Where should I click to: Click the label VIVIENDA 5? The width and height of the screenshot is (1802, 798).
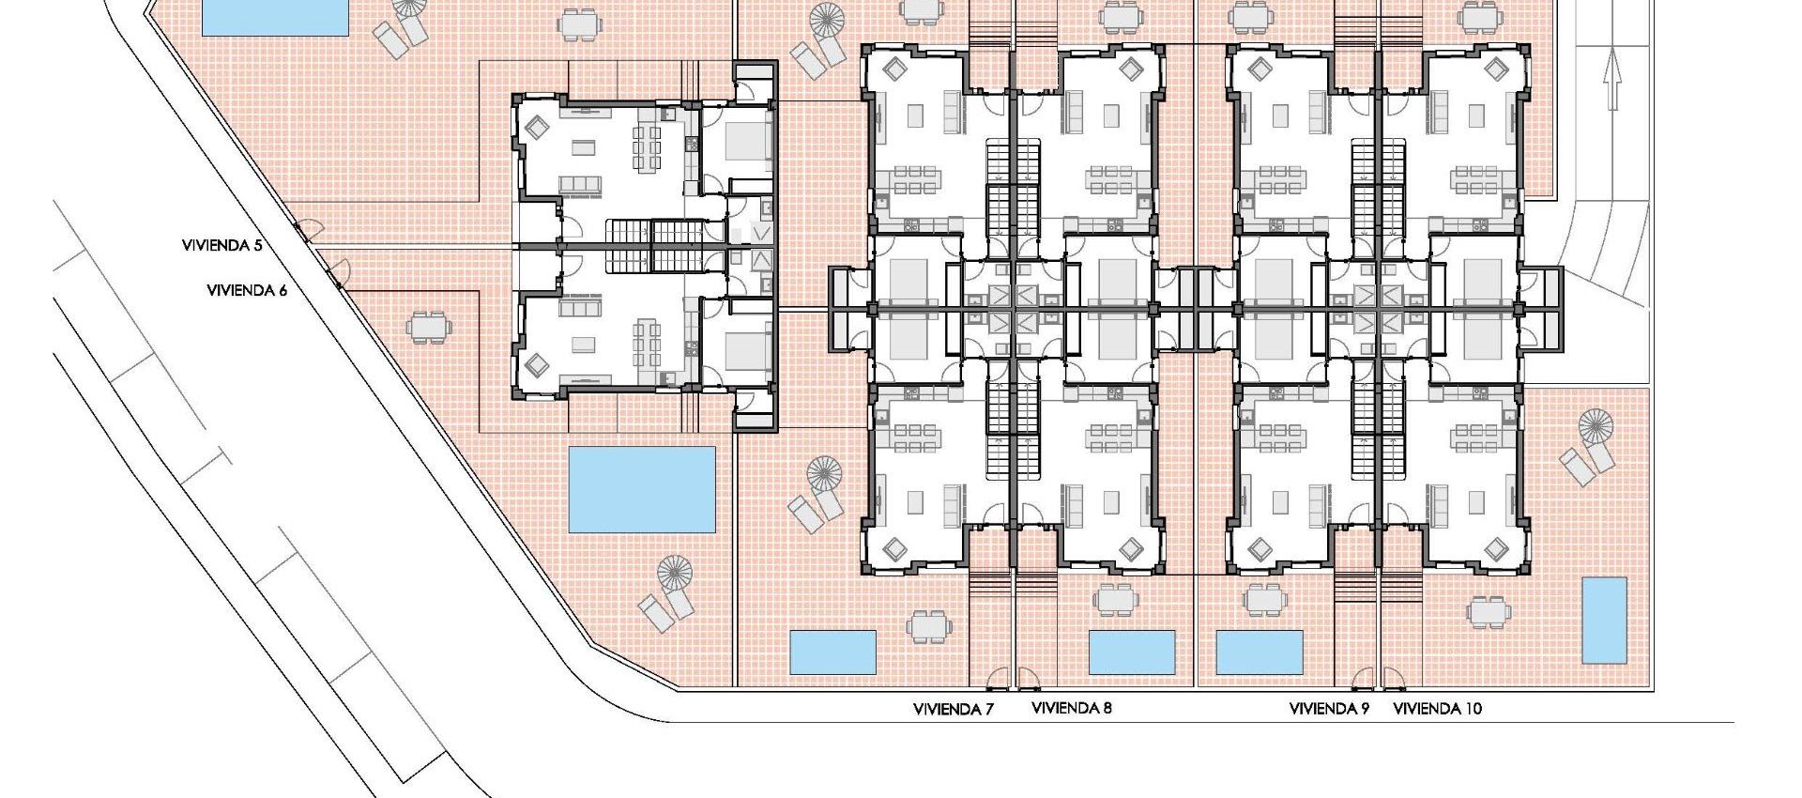[222, 245]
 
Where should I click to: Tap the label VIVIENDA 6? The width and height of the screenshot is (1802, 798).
[247, 290]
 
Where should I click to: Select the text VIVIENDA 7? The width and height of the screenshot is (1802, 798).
[953, 709]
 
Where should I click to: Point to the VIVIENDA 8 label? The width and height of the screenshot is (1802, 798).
[1071, 708]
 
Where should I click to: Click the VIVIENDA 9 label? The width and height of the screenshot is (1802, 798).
[1329, 709]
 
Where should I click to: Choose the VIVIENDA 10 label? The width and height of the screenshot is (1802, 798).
[1437, 709]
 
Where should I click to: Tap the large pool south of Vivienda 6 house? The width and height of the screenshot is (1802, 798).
[642, 488]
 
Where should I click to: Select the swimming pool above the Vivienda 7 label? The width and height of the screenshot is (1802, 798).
[832, 652]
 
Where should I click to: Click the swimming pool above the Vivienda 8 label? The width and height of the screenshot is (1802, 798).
[1131, 652]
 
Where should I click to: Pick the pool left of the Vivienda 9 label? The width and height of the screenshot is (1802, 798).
[1259, 652]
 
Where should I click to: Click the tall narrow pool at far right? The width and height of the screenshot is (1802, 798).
[1604, 621]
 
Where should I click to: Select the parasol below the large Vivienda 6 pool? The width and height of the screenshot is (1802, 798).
[674, 572]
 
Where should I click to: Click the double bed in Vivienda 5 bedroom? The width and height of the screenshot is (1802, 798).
[747, 142]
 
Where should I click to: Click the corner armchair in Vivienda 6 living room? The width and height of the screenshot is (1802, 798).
[538, 363]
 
